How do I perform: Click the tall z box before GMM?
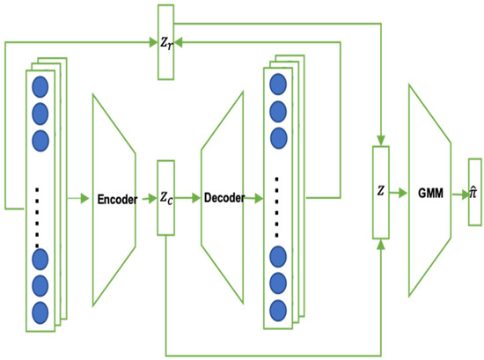pyautogui.click(x=380, y=192)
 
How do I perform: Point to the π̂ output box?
pyautogui.click(x=474, y=192)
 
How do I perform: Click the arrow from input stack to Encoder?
pyautogui.click(x=77, y=199)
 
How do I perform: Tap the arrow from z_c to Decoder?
pyautogui.click(x=189, y=199)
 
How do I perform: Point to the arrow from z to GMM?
pyautogui.click(x=398, y=192)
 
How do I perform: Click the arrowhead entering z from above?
pyautogui.click(x=380, y=141)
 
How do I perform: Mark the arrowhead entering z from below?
pyautogui.click(x=380, y=244)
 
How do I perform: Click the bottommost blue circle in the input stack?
pyautogui.click(x=39, y=312)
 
